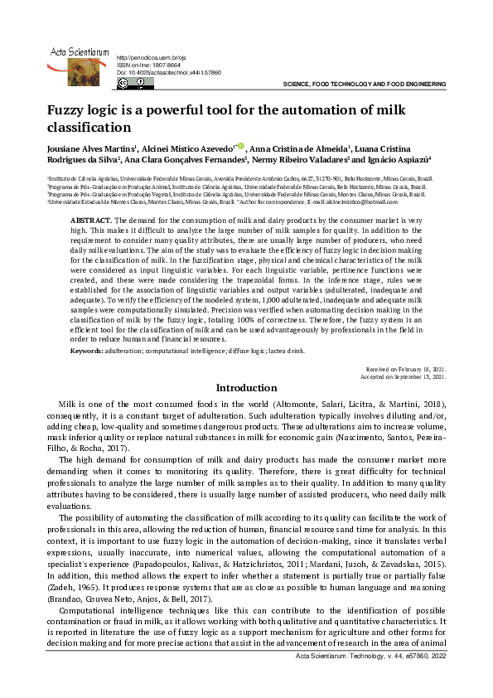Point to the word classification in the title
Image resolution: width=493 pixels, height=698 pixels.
click(89, 128)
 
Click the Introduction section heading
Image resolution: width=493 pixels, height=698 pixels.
click(246, 388)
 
